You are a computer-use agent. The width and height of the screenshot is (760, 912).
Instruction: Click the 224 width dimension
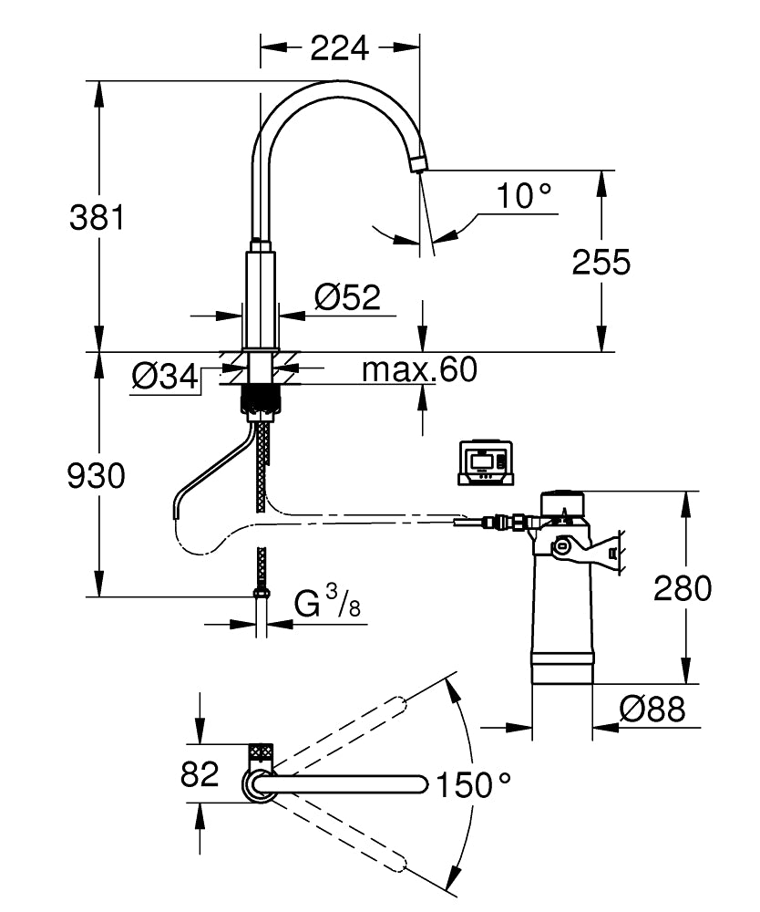(340, 47)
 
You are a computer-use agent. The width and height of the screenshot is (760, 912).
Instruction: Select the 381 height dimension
(97, 218)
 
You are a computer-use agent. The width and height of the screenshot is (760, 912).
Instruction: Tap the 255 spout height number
(601, 263)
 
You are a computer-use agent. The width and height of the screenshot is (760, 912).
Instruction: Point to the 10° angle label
(525, 196)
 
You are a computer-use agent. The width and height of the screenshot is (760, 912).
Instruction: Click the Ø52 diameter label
(346, 296)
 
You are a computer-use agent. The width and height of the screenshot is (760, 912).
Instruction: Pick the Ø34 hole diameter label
(165, 376)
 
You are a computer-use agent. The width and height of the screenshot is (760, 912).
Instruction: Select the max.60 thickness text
(419, 369)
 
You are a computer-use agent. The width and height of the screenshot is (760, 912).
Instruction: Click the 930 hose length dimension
(96, 475)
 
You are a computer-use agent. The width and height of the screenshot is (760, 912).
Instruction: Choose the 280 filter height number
(683, 588)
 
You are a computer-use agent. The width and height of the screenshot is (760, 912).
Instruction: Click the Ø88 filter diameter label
(652, 709)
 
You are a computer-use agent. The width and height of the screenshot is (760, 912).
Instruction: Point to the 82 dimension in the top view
(200, 774)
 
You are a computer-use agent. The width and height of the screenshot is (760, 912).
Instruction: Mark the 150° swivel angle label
(473, 783)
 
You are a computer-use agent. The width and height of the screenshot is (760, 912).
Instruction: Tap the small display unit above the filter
(485, 462)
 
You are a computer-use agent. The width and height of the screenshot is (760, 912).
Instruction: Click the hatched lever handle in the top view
(261, 753)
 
